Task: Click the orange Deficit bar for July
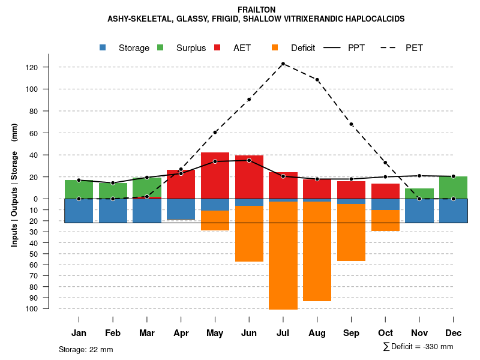pyautogui.click(x=283, y=255)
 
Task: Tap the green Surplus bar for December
pyautogui.click(x=454, y=187)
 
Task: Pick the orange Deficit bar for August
pyautogui.click(x=317, y=251)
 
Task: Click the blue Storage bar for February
pyautogui.click(x=113, y=211)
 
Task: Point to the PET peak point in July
pyautogui.click(x=283, y=64)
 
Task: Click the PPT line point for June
pyautogui.click(x=249, y=160)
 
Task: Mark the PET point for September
pyautogui.click(x=351, y=124)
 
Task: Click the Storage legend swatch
pyautogui.click(x=103, y=47)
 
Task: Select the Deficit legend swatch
pyautogui.click(x=275, y=47)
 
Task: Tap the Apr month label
pyautogui.click(x=181, y=333)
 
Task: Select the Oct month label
pyautogui.click(x=385, y=333)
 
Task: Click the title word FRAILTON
pyautogui.click(x=256, y=10)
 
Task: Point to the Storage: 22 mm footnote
pyautogui.click(x=86, y=349)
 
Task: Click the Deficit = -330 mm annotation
pyautogui.click(x=418, y=347)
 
